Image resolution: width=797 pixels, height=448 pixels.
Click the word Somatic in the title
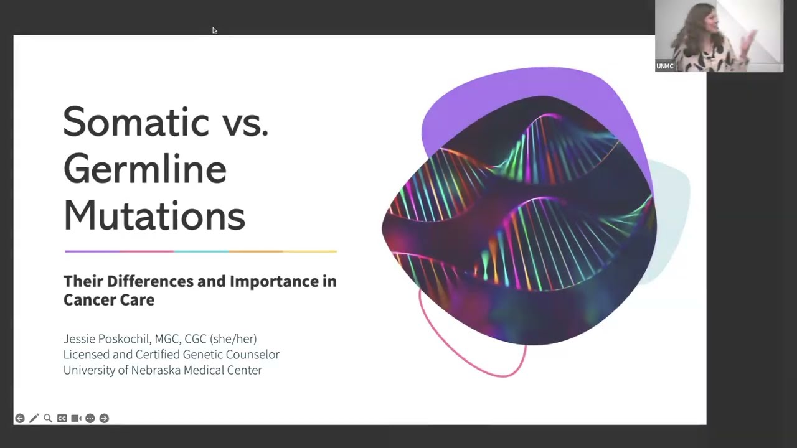pyautogui.click(x=136, y=121)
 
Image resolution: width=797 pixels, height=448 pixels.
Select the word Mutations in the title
pyautogui.click(x=154, y=215)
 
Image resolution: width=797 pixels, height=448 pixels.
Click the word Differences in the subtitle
pyautogui.click(x=151, y=281)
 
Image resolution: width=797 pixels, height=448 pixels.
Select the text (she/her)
pyautogui.click(x=233, y=339)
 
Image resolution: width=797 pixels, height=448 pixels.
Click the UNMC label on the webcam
pyautogui.click(x=664, y=66)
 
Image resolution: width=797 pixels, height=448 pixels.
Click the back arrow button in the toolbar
pyautogui.click(x=20, y=419)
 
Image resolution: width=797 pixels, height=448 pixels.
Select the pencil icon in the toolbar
pyautogui.click(x=34, y=419)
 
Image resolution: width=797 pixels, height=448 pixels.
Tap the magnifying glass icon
pyautogui.click(x=48, y=419)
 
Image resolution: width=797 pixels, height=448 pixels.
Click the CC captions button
pyautogui.click(x=62, y=419)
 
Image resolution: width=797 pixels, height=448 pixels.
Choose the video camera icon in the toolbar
pyautogui.click(x=76, y=419)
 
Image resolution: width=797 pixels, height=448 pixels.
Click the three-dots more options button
pyautogui.click(x=90, y=419)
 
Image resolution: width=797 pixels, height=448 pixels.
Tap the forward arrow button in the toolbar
pyautogui.click(x=104, y=419)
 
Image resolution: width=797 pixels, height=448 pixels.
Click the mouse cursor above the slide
pyautogui.click(x=215, y=30)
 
